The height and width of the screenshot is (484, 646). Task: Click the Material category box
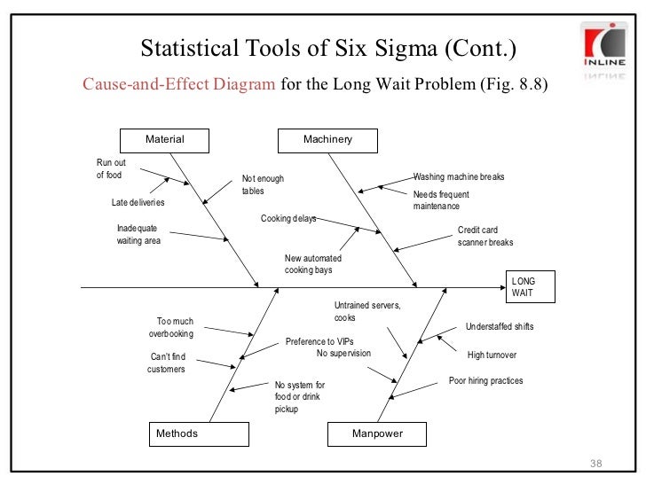coord(165,139)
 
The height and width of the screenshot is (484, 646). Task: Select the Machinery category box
coord(327,139)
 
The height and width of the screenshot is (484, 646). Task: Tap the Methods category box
coord(198,433)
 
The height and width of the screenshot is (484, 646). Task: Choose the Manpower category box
coord(377,433)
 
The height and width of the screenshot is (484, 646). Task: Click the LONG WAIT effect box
coord(530,286)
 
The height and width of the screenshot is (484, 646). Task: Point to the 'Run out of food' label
coord(111,168)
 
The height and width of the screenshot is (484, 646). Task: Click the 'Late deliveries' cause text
coord(138,202)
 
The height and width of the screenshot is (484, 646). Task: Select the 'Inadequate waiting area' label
coord(139,235)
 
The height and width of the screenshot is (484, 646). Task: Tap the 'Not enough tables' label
coord(263,184)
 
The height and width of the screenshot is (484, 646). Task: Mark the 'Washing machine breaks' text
coord(458,177)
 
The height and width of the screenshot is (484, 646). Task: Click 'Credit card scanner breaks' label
coord(484,236)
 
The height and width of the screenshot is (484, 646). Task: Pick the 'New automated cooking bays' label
coord(312,264)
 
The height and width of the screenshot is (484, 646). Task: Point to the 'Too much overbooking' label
coord(171,328)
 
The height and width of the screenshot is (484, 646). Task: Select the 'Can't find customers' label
coord(167,363)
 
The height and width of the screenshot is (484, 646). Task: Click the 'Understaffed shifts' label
coord(499,327)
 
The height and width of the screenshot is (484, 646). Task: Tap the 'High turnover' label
coord(492,355)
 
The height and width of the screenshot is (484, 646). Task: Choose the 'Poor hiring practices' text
coord(485,381)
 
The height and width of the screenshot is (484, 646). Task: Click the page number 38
coord(595,466)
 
